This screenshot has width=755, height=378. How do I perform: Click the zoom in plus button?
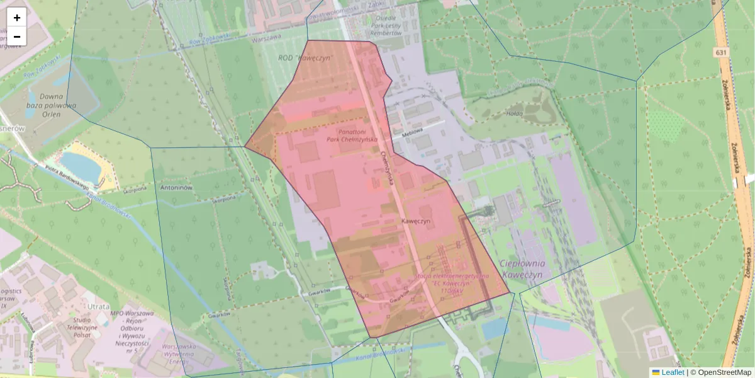tap(17, 18)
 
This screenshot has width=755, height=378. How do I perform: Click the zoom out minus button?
tap(17, 37)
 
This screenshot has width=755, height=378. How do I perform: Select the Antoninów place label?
tap(177, 188)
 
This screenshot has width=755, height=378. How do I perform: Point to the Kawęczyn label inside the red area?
tap(416, 222)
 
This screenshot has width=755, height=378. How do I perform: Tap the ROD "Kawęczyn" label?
tap(305, 58)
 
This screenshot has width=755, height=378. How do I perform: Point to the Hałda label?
tap(515, 113)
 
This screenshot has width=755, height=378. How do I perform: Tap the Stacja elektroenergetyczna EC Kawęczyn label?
tap(452, 283)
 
